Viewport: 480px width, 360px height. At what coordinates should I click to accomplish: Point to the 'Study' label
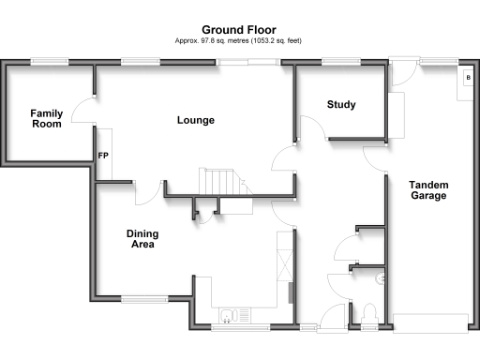click(x=341, y=104)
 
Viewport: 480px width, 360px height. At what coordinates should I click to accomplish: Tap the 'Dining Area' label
click(x=141, y=239)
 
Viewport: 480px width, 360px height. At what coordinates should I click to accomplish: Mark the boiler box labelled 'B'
click(x=467, y=78)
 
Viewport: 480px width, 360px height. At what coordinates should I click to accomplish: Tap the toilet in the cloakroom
click(x=370, y=313)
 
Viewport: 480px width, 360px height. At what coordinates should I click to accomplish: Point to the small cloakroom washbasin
click(x=381, y=278)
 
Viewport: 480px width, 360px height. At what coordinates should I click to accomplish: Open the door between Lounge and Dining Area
click(x=145, y=192)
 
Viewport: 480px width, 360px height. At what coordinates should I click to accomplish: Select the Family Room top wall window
click(x=46, y=63)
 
